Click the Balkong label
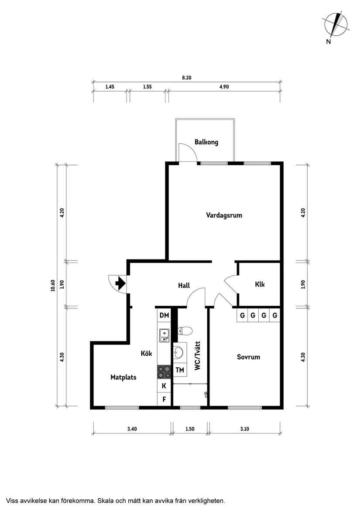click(206, 142)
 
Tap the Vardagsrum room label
click(224, 215)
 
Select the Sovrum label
click(248, 357)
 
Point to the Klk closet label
click(260, 284)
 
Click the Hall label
click(184, 286)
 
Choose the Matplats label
click(123, 377)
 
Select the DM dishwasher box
click(164, 315)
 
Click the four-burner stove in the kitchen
click(164, 372)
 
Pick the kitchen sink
click(164, 335)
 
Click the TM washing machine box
click(180, 370)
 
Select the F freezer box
click(164, 399)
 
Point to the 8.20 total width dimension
click(186, 78)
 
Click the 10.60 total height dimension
click(53, 286)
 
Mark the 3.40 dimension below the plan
click(132, 429)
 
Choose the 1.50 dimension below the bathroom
click(190, 429)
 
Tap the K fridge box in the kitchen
click(164, 386)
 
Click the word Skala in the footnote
click(105, 501)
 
